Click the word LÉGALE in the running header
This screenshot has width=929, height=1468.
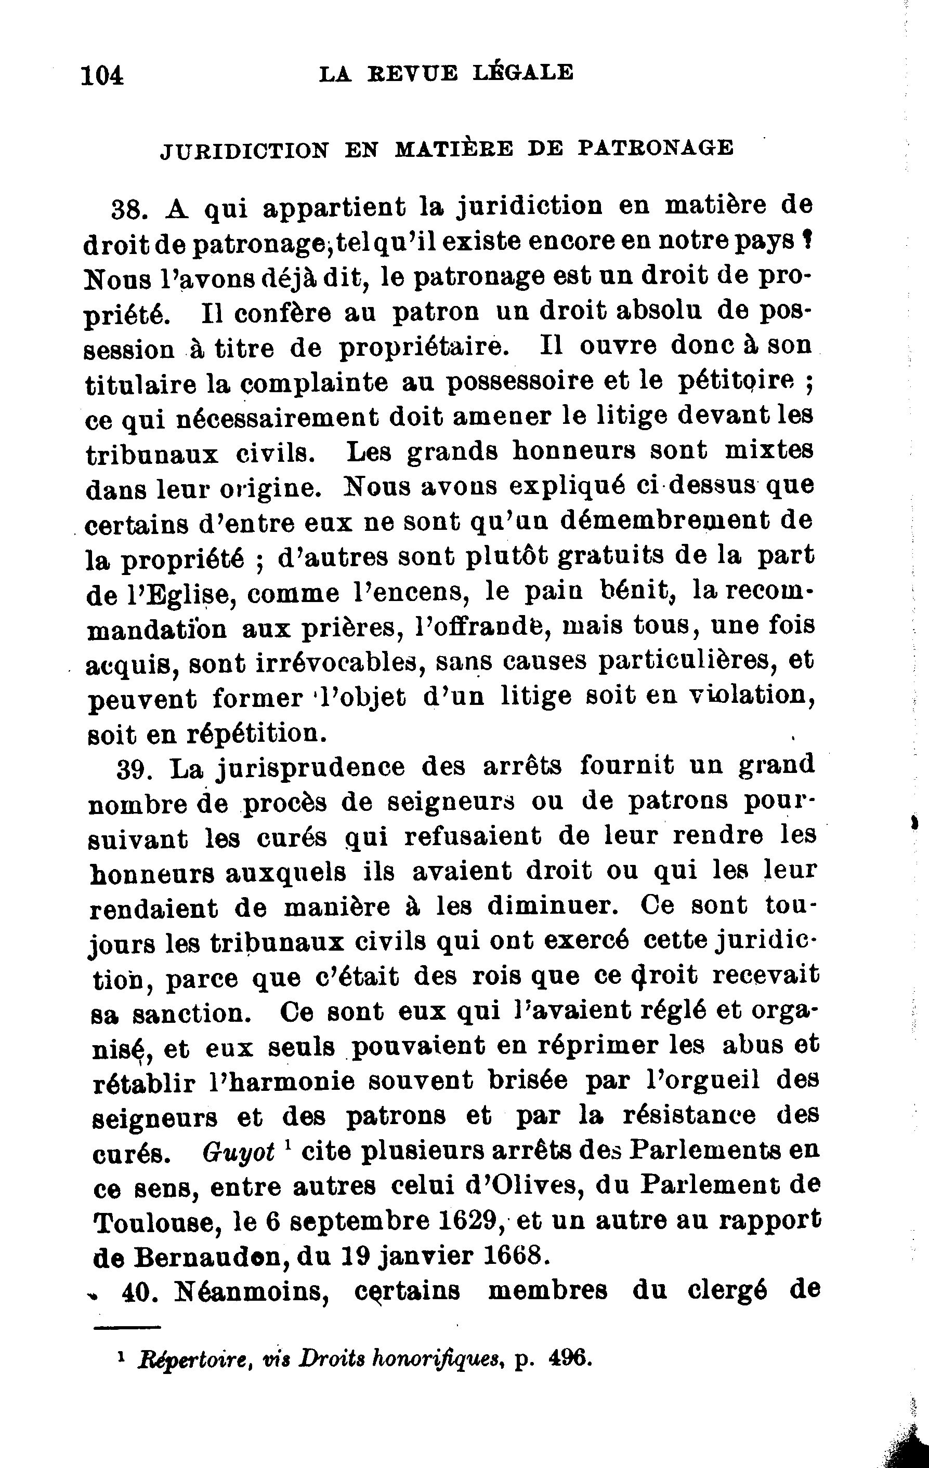tap(524, 73)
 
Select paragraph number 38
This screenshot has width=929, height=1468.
tap(129, 210)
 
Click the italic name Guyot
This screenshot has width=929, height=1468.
tap(239, 1152)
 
